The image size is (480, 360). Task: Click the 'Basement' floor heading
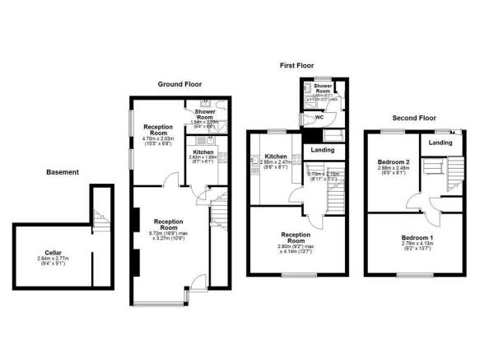click(x=63, y=172)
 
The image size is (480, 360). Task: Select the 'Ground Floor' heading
click(x=180, y=83)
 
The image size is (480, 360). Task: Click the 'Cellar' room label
click(x=53, y=253)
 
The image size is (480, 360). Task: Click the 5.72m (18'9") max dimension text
click(x=156, y=232)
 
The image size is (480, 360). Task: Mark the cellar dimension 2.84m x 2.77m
click(x=53, y=259)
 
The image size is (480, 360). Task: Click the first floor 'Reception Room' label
click(x=297, y=239)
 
